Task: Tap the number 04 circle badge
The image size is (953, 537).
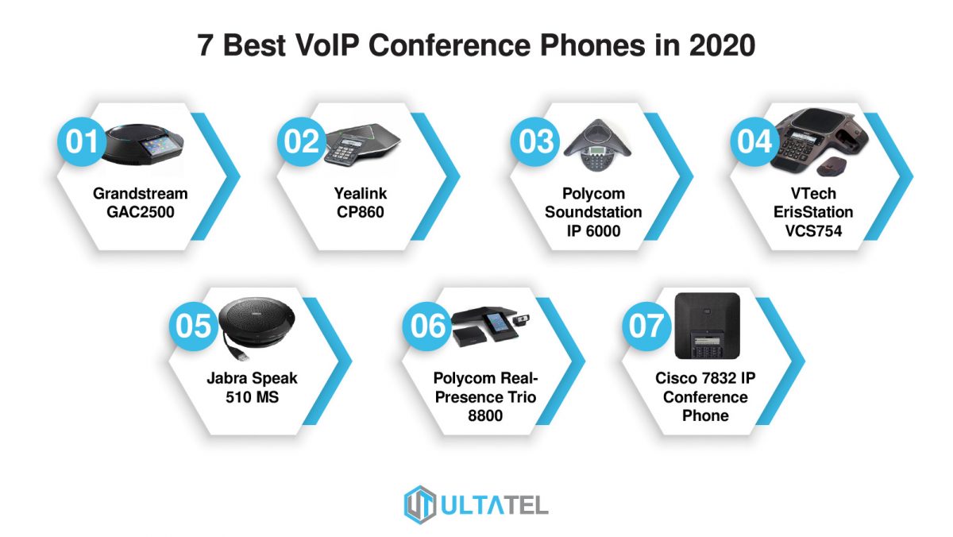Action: (x=754, y=142)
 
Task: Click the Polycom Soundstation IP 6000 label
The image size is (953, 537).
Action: (x=592, y=212)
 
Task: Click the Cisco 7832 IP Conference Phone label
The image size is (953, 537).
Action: (x=704, y=397)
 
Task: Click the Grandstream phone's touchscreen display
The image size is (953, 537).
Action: (x=156, y=144)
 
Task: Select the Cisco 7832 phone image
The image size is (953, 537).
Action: (x=707, y=325)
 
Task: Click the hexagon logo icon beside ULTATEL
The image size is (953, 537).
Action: (x=420, y=504)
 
